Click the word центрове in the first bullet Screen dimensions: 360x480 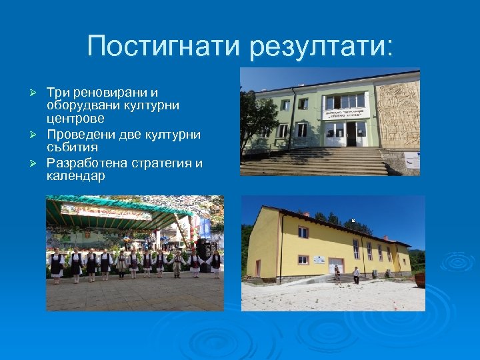coord(75,119)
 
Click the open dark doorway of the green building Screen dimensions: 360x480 coord(351,134)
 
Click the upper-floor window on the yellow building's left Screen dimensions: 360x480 coord(303,233)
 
